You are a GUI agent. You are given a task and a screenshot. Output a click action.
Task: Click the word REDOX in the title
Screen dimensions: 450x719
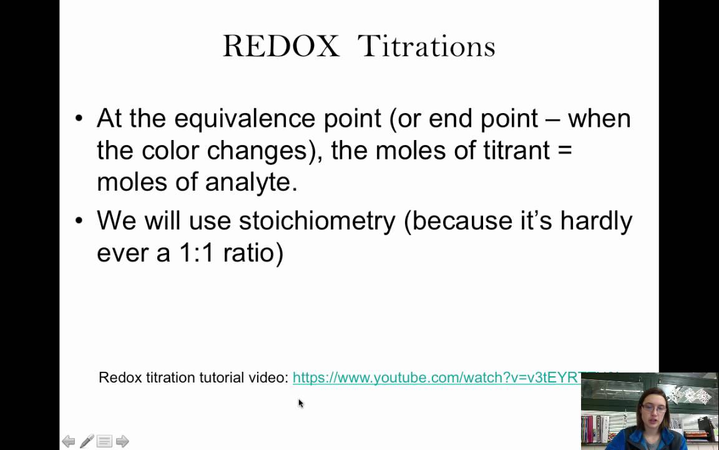[x=281, y=46]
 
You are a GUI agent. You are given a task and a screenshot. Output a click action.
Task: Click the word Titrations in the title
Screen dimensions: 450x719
[x=427, y=46]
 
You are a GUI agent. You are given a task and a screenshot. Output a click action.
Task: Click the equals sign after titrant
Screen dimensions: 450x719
[x=565, y=151]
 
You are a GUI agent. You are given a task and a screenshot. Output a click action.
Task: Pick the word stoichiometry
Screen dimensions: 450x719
[x=317, y=220]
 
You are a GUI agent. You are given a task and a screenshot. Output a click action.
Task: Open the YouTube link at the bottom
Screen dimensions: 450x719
[x=437, y=377]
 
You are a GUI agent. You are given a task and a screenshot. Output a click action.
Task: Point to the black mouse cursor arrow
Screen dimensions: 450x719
[x=300, y=403]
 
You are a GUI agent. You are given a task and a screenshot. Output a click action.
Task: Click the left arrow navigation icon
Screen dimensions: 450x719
[x=69, y=441]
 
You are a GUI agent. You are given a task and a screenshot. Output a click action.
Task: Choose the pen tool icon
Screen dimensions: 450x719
[x=87, y=441]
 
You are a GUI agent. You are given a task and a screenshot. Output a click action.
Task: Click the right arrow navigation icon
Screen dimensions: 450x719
[x=122, y=441]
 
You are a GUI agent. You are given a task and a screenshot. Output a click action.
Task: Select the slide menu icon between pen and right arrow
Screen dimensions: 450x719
[x=104, y=441]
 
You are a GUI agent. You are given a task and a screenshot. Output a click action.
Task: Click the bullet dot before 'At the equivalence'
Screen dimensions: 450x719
[x=79, y=119]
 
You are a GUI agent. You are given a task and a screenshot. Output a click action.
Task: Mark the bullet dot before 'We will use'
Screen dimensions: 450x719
[x=79, y=221]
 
